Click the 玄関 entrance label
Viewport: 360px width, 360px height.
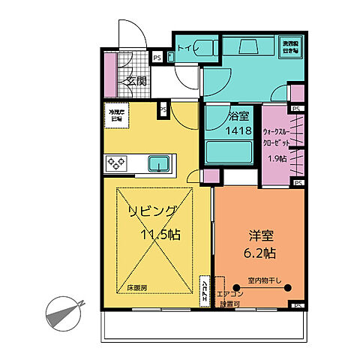click(x=136, y=82)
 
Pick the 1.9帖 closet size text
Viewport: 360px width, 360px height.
click(x=277, y=159)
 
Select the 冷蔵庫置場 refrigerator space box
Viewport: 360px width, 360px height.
click(x=116, y=115)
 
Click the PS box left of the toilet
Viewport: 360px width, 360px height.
click(x=157, y=57)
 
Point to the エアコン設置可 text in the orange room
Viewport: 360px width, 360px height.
click(x=228, y=298)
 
